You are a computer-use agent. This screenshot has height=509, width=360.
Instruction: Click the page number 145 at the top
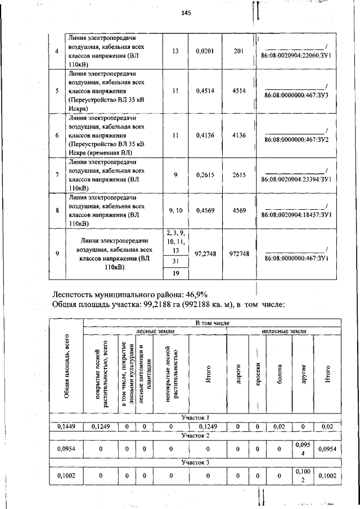pyautogui.click(x=187, y=13)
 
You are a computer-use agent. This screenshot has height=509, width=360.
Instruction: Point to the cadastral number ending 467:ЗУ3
pyautogui.click(x=296, y=96)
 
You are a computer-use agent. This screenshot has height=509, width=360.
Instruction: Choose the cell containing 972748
pyautogui.click(x=238, y=254)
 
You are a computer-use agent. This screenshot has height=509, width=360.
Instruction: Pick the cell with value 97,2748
pyautogui.click(x=205, y=254)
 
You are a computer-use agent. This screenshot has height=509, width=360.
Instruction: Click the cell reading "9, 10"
pyautogui.click(x=175, y=210)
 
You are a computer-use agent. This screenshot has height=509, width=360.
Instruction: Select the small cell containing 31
pyautogui.click(x=175, y=262)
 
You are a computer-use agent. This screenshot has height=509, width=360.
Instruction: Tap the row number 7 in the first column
pyautogui.click(x=57, y=175)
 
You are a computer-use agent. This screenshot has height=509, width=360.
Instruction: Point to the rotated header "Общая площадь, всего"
pyautogui.click(x=66, y=366)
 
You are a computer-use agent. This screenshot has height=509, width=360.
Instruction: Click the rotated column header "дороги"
pyautogui.click(x=238, y=373)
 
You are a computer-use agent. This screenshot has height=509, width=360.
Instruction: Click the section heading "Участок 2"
pyautogui.click(x=195, y=435)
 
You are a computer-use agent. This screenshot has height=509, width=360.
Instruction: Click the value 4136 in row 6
pyautogui.click(x=238, y=135)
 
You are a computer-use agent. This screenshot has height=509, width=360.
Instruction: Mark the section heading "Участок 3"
pyautogui.click(x=195, y=462)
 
